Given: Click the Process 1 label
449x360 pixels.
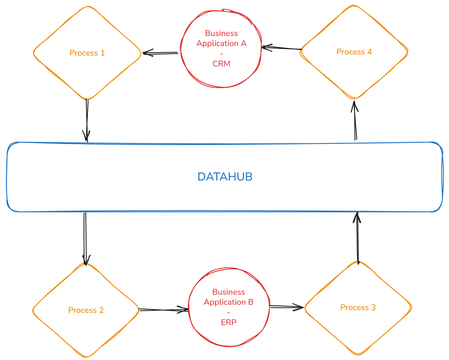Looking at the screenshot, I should (87, 53).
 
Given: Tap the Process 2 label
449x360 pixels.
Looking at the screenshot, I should (86, 310).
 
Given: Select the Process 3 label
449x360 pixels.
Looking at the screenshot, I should (358, 308).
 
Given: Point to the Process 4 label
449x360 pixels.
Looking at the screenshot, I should (354, 52).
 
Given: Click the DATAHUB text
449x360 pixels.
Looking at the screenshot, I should (225, 177).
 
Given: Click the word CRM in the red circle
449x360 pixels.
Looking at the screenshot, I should (221, 64).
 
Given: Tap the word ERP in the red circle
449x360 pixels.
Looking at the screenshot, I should (228, 322).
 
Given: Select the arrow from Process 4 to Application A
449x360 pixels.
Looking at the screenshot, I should (282, 48).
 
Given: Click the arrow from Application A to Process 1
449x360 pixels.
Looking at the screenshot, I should (160, 53).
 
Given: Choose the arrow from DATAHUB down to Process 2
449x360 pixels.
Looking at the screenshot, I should (85, 238).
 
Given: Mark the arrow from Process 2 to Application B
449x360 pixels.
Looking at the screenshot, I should (164, 310).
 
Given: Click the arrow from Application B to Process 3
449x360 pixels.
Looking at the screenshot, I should (286, 307).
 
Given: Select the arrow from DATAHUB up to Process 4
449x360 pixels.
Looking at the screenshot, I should (355, 121).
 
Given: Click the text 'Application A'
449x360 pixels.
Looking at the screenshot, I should (221, 43).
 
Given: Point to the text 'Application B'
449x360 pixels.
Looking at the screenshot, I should (228, 302).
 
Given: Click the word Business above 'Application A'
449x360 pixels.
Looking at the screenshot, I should (221, 33).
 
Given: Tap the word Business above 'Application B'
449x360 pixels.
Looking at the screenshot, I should (228, 292).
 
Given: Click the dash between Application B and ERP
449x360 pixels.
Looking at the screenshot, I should (228, 312).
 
